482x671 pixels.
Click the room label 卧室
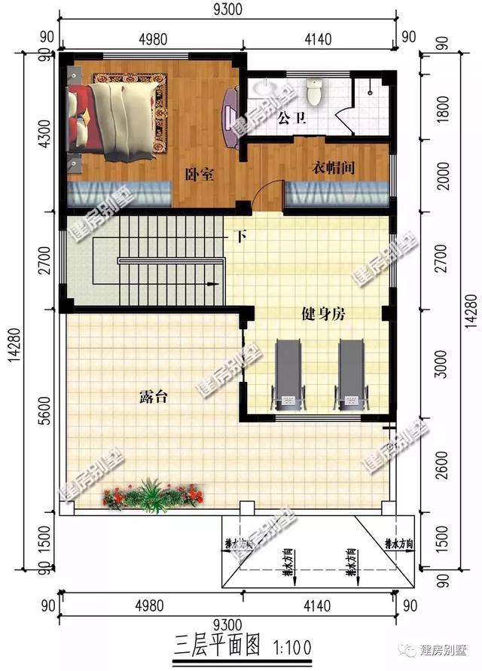[200, 175]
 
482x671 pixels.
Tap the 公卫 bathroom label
[291, 117]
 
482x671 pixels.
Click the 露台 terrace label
[152, 397]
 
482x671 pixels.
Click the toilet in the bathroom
[315, 93]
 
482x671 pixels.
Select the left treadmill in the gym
[288, 374]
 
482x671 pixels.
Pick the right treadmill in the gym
[349, 374]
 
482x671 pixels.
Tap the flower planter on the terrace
[154, 496]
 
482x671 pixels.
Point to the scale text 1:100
[289, 645]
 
